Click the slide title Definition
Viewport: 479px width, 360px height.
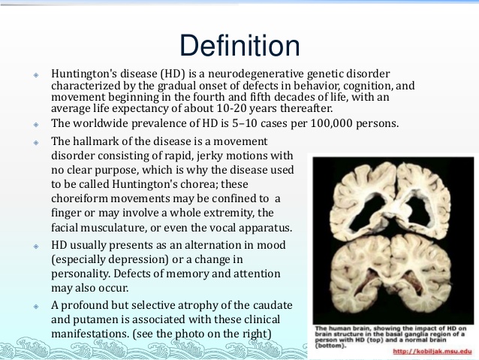239,46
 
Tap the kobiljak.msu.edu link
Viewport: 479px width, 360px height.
432,351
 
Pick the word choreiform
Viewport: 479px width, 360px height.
80,198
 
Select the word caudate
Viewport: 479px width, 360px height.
273,305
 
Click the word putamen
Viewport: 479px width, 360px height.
95,319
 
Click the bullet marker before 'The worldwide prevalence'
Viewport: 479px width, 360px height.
36,125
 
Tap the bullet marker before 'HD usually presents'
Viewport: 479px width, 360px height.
36,247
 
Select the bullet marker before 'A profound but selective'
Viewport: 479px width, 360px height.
36,306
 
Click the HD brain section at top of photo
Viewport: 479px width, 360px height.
392,201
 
